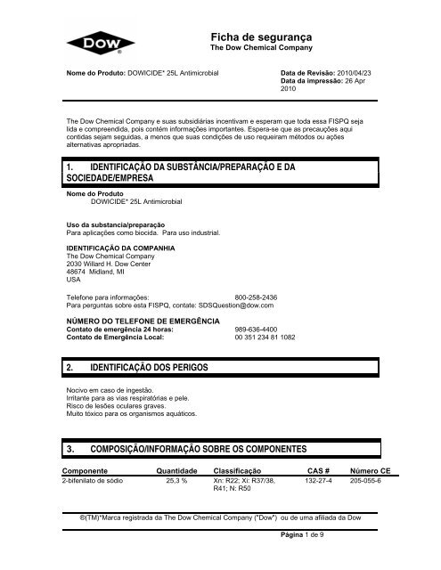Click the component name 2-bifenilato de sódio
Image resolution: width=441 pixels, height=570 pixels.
[92, 481]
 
